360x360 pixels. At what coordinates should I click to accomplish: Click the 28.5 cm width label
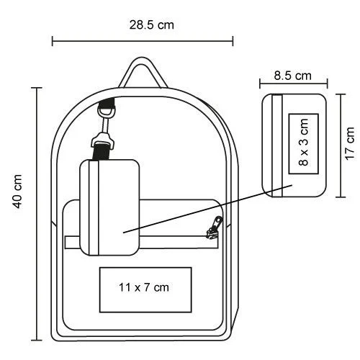click(x=151, y=25)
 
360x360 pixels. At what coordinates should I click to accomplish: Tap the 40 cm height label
click(x=18, y=192)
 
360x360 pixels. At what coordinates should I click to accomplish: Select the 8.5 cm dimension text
click(x=292, y=76)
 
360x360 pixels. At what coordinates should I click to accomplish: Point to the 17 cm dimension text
click(x=350, y=143)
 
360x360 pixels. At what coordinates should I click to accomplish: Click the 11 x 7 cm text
click(x=144, y=287)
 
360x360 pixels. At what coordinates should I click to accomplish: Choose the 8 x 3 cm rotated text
click(x=303, y=142)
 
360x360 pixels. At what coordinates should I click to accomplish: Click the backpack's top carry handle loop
click(x=143, y=72)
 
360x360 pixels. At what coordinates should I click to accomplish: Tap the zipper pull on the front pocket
click(x=214, y=228)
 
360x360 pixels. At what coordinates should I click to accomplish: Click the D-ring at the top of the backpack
click(x=107, y=112)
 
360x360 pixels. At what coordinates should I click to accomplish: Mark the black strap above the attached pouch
click(x=102, y=152)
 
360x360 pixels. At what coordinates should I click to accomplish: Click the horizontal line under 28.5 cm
click(x=143, y=41)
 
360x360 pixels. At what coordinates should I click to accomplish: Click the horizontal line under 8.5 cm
click(x=294, y=84)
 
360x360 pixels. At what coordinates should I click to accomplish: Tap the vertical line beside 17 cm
click(x=341, y=145)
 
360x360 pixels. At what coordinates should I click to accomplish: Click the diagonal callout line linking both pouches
click(x=207, y=209)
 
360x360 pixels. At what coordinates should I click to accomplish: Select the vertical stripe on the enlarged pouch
click(x=277, y=145)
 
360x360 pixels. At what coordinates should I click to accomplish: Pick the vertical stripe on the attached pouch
click(x=94, y=207)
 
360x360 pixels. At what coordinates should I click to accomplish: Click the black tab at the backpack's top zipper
click(x=107, y=103)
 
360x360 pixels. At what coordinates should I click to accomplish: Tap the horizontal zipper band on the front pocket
click(x=142, y=242)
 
